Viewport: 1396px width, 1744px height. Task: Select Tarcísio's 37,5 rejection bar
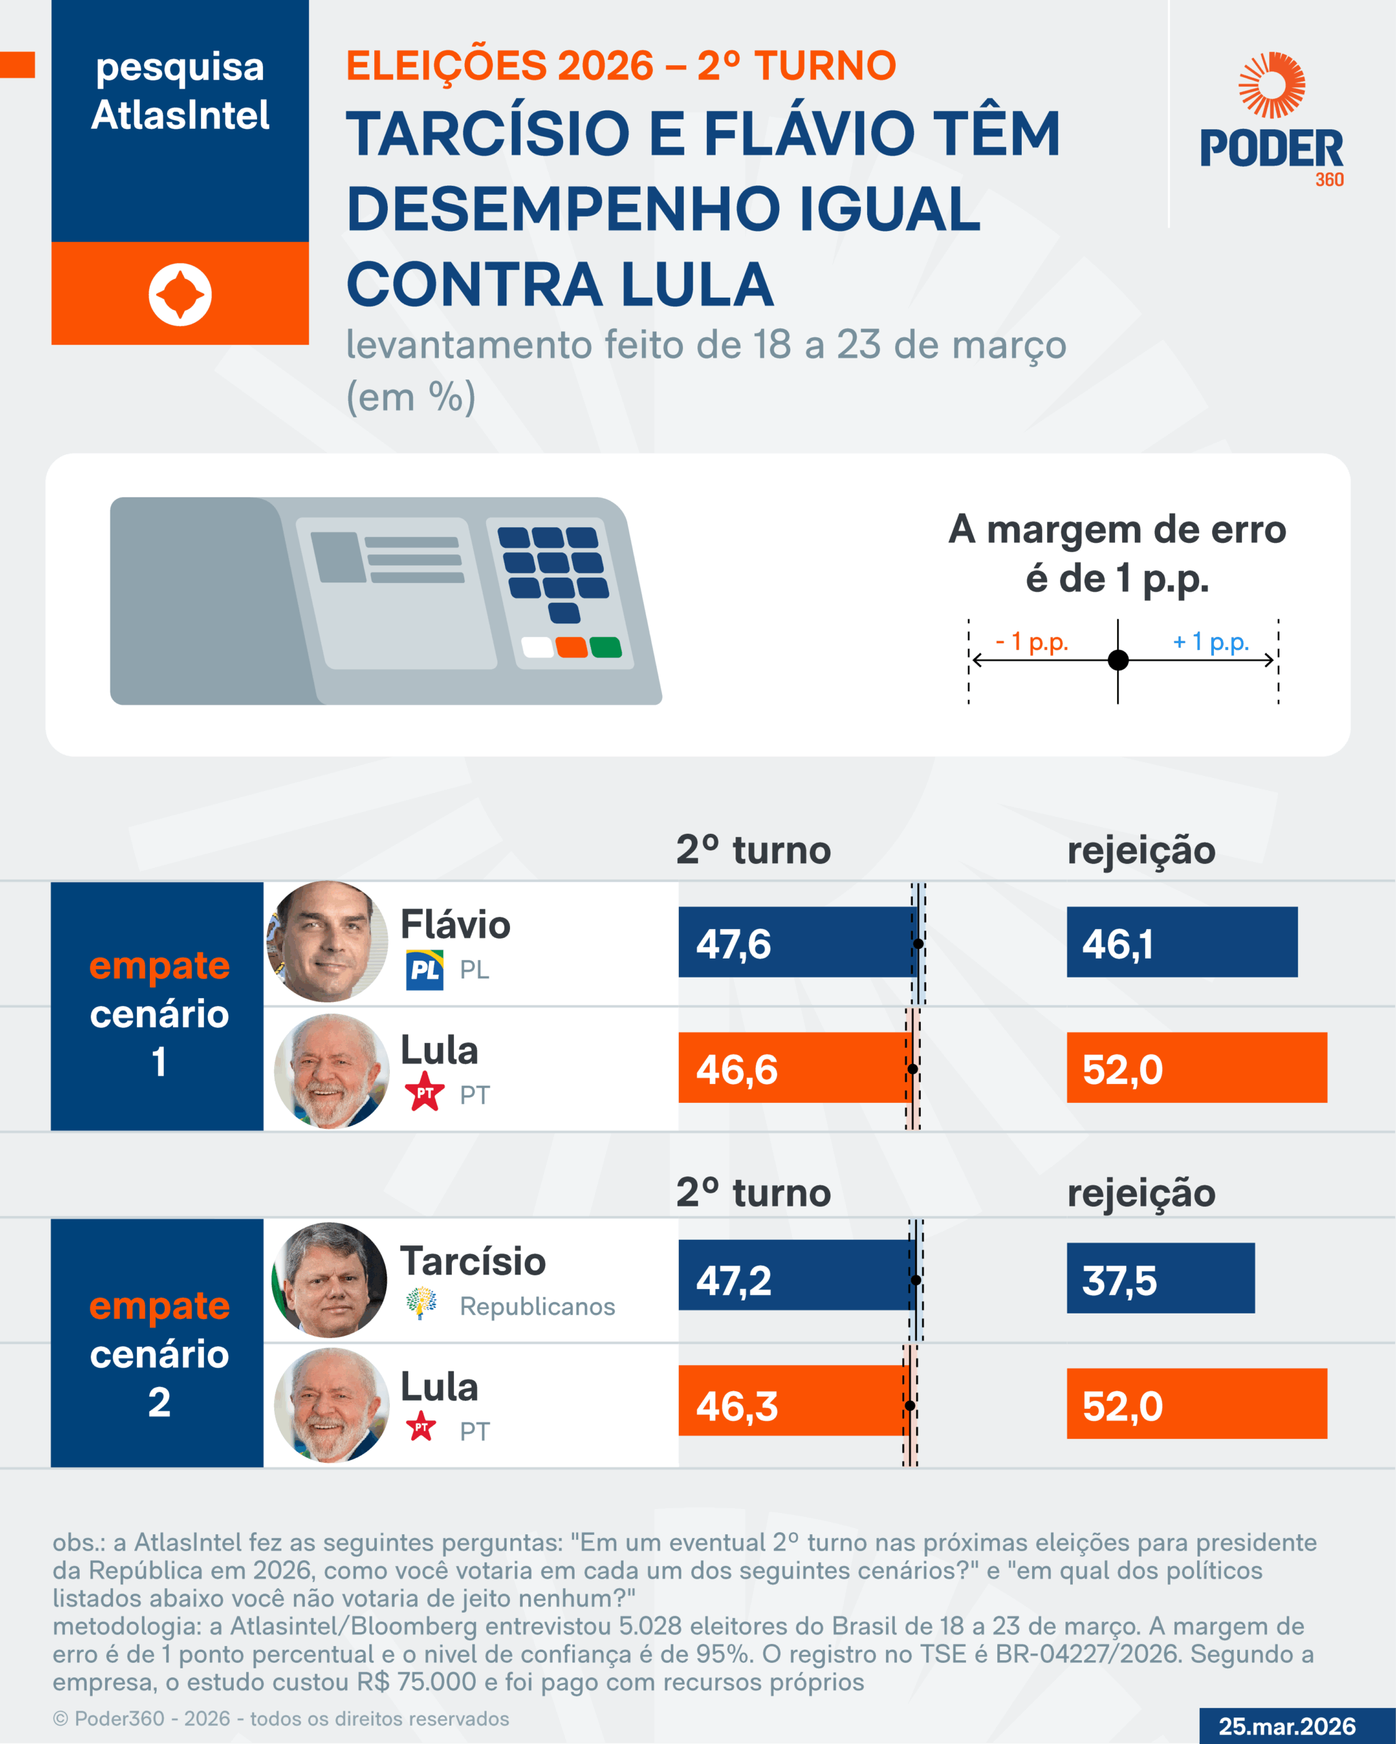pyautogui.click(x=1161, y=1278)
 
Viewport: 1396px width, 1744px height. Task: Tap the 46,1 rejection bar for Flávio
pyautogui.click(x=1181, y=942)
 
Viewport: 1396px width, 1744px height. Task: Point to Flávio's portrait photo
pyautogui.click(x=328, y=941)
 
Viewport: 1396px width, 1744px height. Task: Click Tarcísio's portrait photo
pyautogui.click(x=329, y=1279)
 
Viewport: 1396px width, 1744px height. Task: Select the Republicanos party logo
pyautogui.click(x=421, y=1303)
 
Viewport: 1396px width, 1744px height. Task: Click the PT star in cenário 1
pyautogui.click(x=425, y=1091)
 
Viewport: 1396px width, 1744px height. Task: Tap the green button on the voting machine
pyautogui.click(x=605, y=647)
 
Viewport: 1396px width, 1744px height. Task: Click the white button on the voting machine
pyautogui.click(x=537, y=647)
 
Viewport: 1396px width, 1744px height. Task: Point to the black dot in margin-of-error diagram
pyautogui.click(x=1118, y=660)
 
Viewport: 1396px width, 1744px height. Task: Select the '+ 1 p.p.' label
pyautogui.click(x=1211, y=642)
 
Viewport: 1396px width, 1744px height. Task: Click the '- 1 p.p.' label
pyautogui.click(x=1032, y=642)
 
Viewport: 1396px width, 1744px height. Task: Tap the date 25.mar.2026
pyautogui.click(x=1287, y=1726)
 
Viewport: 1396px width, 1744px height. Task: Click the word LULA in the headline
pyautogui.click(x=697, y=285)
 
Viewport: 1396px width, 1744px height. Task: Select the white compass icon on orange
pyautogui.click(x=180, y=294)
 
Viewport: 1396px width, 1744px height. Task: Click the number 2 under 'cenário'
pyautogui.click(x=160, y=1402)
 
